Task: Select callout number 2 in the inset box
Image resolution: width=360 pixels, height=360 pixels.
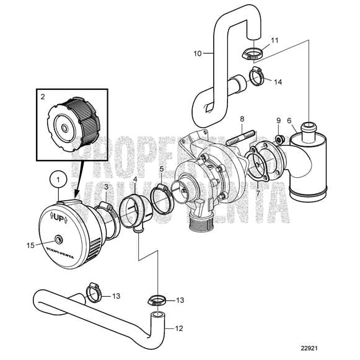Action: click(x=43, y=97)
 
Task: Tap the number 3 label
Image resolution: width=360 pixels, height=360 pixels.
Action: click(x=106, y=187)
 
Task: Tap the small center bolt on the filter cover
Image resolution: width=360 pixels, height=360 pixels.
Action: click(x=58, y=239)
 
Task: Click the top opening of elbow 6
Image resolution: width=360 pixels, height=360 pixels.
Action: click(x=308, y=128)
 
